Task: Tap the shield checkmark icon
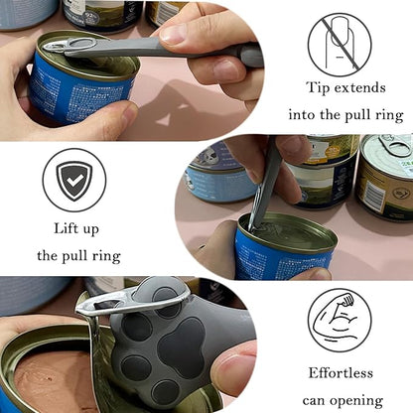(x=73, y=180)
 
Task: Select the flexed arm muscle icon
(x=339, y=319)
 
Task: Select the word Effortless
(x=339, y=374)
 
